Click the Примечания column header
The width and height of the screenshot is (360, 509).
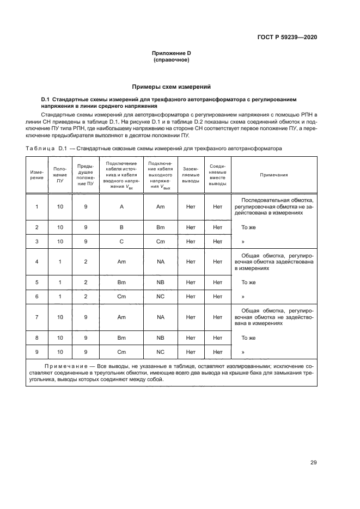click(274, 175)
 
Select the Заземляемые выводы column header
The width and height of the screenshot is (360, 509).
click(191, 175)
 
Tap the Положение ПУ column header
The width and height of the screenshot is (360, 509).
click(60, 175)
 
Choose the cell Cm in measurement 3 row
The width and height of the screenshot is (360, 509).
click(160, 241)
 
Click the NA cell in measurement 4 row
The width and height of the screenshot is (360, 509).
click(160, 262)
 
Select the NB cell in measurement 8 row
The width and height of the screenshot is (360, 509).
click(160, 338)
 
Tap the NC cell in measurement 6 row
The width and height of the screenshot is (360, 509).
click(160, 296)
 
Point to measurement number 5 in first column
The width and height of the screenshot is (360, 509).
click(36, 283)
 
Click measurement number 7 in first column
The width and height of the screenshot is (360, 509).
click(36, 317)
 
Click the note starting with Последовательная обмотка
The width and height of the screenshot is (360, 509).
click(274, 207)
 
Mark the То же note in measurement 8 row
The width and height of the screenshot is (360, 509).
click(248, 338)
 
